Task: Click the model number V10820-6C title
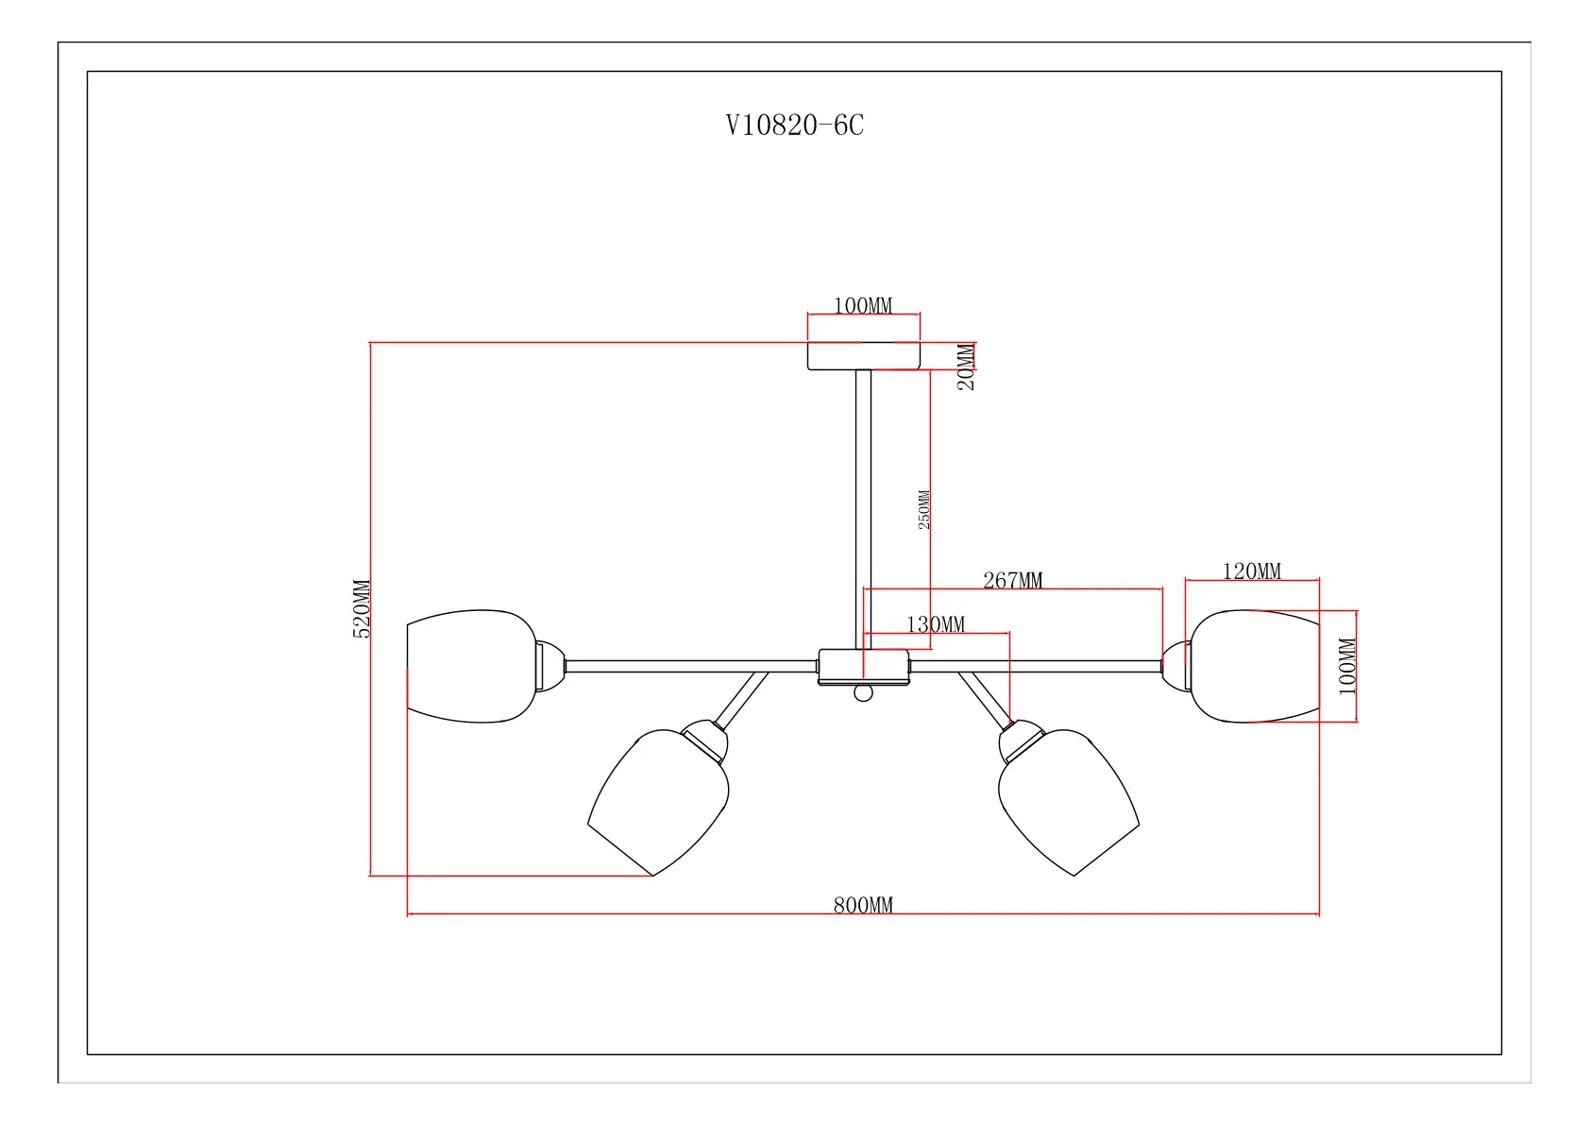pos(794,125)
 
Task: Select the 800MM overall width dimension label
pos(862,905)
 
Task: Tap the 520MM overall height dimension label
pos(362,609)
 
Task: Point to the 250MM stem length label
pos(923,509)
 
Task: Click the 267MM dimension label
pos(1012,580)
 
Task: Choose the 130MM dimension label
pos(936,624)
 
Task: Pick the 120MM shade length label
pos(1251,571)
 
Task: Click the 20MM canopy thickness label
pos(966,366)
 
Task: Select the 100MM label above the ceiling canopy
pos(862,305)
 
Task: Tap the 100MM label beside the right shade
pos(1346,666)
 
